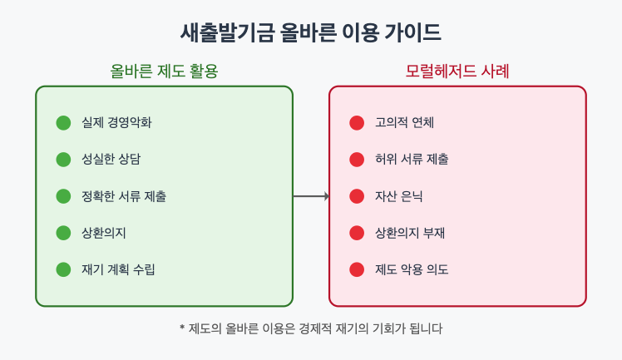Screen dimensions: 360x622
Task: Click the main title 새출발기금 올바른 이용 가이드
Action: [x=311, y=32]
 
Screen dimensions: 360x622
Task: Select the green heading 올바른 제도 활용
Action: [x=164, y=72]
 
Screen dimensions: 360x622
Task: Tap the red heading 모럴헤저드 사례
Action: [x=457, y=72]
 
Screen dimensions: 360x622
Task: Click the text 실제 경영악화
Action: [x=116, y=123]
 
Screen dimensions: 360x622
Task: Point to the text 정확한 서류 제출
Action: [x=124, y=196]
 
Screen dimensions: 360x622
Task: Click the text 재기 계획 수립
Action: [x=119, y=269]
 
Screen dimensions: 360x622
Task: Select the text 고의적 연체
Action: [x=405, y=123]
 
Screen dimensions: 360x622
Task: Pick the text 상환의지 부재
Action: [x=410, y=233]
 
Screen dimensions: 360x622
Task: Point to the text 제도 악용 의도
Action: [x=412, y=269]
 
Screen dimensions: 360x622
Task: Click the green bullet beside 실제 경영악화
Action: [x=64, y=123]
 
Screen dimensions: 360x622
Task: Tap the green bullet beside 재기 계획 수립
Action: [x=64, y=269]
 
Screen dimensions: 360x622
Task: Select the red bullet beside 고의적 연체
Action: [x=357, y=123]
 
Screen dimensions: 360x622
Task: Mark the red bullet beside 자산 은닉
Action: [x=357, y=196]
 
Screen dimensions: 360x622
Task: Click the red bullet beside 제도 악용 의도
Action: [x=357, y=269]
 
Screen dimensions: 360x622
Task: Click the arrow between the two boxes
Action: [x=311, y=196]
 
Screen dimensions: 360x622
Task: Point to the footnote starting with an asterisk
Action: [x=311, y=328]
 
